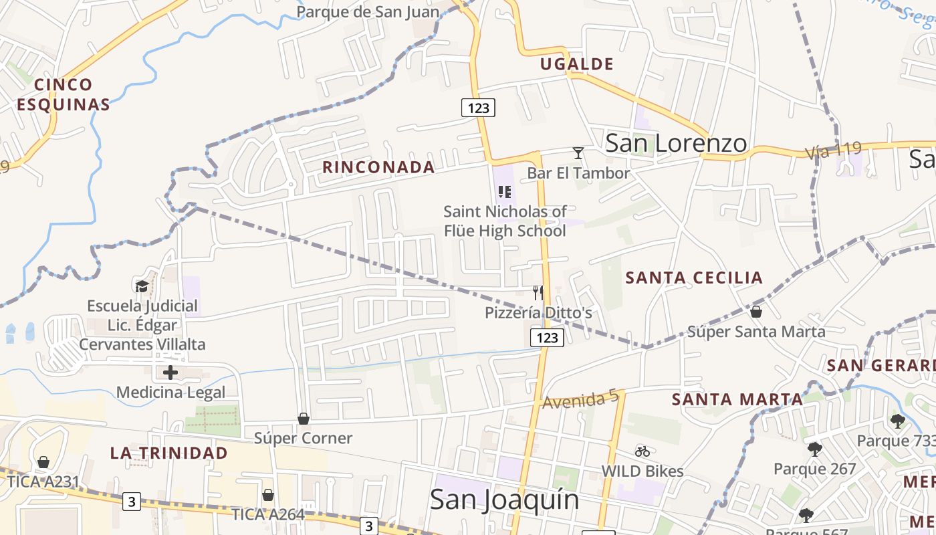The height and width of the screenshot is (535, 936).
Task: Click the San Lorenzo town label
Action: point(676,143)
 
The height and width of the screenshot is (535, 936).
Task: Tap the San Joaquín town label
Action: point(504,500)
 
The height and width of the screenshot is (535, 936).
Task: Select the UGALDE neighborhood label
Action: point(576,64)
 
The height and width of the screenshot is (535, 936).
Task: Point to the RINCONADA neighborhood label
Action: point(378,167)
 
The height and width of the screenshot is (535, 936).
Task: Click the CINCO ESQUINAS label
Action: point(64,94)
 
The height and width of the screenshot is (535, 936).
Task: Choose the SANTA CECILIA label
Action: point(694,278)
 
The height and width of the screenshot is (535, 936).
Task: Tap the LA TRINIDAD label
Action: point(169,453)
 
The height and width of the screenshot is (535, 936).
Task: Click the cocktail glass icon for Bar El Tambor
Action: point(578,153)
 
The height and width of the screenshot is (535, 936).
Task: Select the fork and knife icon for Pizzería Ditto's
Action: point(538,292)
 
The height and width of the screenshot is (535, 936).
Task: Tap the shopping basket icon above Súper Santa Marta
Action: point(756,312)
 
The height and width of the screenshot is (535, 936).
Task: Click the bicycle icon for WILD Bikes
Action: point(642,451)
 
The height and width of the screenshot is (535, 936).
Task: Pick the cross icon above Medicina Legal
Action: point(170,372)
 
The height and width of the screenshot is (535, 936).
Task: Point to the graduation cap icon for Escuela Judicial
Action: point(142,287)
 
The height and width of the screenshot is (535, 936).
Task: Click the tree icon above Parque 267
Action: point(814,449)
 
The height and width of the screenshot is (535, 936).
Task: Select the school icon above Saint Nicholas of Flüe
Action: point(505,193)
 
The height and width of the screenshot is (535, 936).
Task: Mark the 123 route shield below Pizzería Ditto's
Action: point(547,338)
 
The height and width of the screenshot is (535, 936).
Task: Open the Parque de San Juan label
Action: point(368,12)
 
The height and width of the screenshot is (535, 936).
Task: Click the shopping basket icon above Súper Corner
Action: point(304,419)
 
